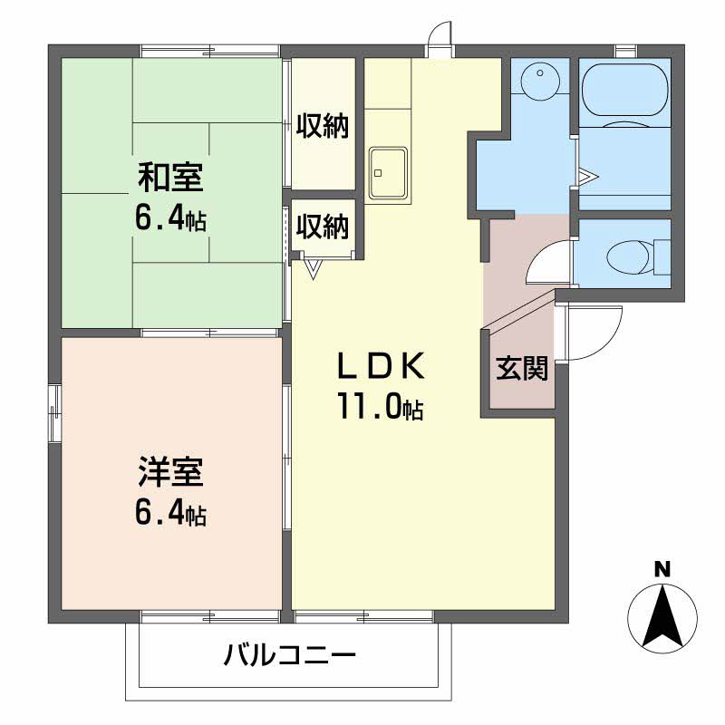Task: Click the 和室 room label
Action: point(170,178)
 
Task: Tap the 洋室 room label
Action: point(170,471)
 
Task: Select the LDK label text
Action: point(381,366)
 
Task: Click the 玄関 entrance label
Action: point(522,368)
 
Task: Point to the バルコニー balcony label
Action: point(290,654)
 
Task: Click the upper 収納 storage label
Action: point(323,125)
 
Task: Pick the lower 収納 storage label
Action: point(323,226)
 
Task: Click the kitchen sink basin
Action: point(388,171)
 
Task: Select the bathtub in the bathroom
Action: point(625,90)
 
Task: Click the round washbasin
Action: point(539,79)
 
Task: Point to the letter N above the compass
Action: point(662,569)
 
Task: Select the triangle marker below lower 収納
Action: point(314,269)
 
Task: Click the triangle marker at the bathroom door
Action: point(588,176)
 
